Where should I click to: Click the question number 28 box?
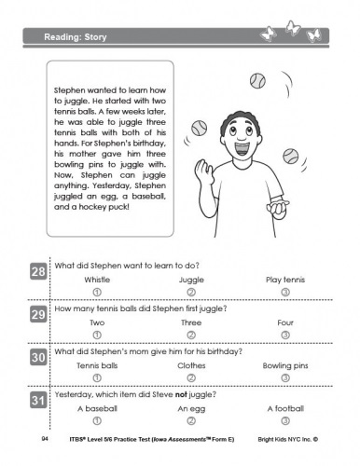pyautogui.click(x=38, y=271)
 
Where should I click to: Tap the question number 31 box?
pyautogui.click(x=38, y=400)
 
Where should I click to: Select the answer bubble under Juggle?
pyautogui.click(x=191, y=292)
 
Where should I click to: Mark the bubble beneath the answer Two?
pyautogui.click(x=97, y=335)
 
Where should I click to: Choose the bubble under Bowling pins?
pyautogui.click(x=285, y=377)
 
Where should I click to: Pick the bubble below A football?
pyautogui.click(x=285, y=420)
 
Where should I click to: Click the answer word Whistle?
pyautogui.click(x=97, y=280)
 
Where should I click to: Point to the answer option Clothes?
pyautogui.click(x=191, y=365)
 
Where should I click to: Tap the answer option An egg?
pyautogui.click(x=191, y=409)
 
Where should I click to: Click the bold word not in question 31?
pyautogui.click(x=181, y=394)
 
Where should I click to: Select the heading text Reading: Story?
pyautogui.click(x=76, y=37)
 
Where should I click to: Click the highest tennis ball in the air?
pyautogui.click(x=257, y=81)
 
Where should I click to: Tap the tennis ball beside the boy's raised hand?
pyautogui.click(x=199, y=128)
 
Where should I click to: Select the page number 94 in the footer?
pyautogui.click(x=45, y=439)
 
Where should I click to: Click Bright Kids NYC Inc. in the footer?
pyautogui.click(x=287, y=439)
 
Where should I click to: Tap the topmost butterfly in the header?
pyautogui.click(x=293, y=28)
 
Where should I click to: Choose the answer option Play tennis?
pyautogui.click(x=285, y=280)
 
